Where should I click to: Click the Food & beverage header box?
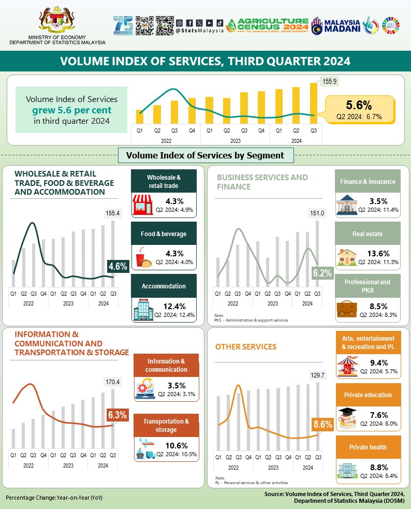163,234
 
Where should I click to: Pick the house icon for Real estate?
347,258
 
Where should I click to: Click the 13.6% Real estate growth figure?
379,254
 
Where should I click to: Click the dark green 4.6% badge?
118,267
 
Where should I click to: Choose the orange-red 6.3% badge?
117,415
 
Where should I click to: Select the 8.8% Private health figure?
379,467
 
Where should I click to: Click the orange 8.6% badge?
322,425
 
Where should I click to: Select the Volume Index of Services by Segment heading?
205,155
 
